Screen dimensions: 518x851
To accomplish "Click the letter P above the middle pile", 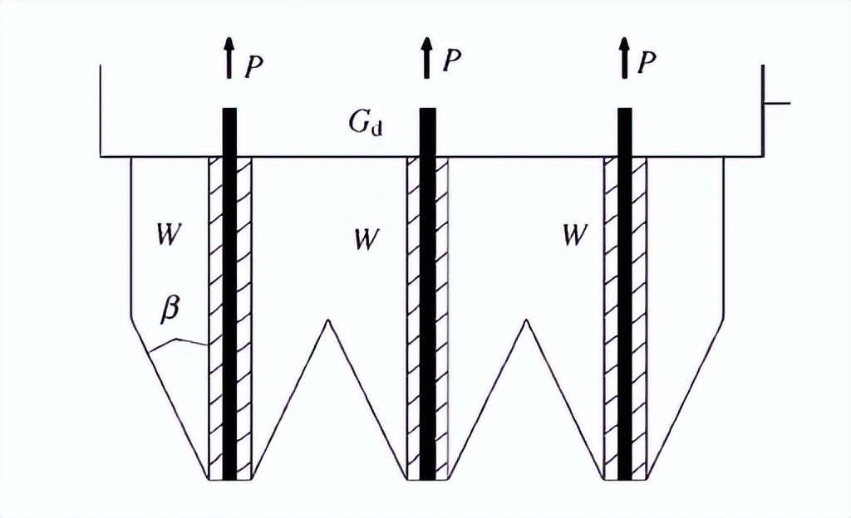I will (451, 61).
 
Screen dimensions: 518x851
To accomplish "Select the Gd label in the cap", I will (366, 125).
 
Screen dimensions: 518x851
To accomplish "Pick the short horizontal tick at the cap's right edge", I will (776, 104).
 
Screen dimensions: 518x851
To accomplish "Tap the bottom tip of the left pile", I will (229, 477).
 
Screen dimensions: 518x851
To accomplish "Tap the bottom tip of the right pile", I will (624, 477).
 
